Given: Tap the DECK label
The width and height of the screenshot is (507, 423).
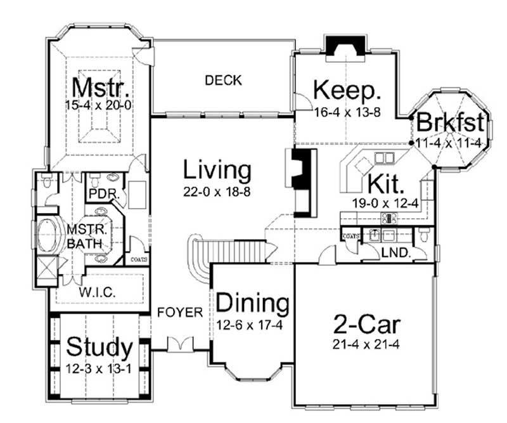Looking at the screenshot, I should tap(223, 80).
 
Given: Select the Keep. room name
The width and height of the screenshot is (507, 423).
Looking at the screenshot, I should tap(348, 91).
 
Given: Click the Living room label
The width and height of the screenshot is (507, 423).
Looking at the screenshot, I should tap(217, 170).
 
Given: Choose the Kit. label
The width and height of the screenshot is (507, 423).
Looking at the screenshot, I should tap(385, 185).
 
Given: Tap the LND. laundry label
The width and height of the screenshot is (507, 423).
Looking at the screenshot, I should tap(397, 253).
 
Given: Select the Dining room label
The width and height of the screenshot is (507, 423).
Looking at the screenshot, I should tap(253, 303).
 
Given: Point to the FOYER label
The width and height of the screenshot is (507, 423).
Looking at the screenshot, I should tap(180, 312).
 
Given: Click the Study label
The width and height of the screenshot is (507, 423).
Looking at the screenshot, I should tap(99, 348).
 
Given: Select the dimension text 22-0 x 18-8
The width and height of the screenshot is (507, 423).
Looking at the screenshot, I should tap(217, 190).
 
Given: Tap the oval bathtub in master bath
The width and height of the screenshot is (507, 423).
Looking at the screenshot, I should tap(51, 237).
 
